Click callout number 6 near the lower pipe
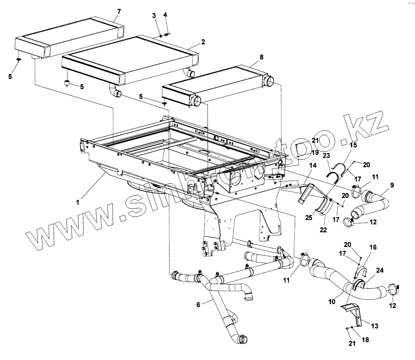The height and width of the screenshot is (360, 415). (x=198, y=304)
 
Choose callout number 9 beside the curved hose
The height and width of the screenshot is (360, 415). (x=392, y=185)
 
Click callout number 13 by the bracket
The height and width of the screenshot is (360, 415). (x=374, y=326)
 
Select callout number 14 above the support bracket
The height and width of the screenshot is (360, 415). (x=312, y=165)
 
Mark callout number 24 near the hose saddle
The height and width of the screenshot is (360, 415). (x=379, y=270)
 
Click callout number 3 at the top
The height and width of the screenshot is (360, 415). (x=154, y=15)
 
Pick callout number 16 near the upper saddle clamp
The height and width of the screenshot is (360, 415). (x=373, y=247)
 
